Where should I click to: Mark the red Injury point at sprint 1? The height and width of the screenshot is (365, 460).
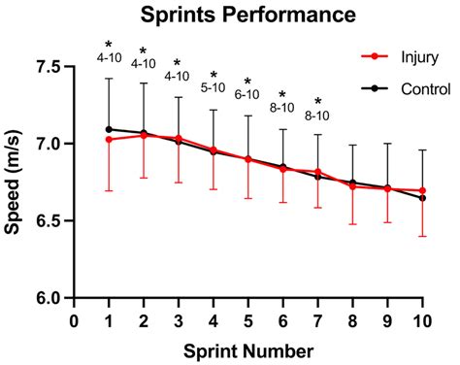tap(109, 139)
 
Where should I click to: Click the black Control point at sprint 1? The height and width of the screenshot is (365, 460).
tap(109, 129)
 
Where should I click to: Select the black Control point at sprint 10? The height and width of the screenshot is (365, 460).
tap(421, 198)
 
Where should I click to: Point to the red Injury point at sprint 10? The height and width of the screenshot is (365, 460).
tap(421, 190)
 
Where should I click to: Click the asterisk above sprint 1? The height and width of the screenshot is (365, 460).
tap(109, 45)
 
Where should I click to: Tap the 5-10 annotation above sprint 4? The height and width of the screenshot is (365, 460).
tap(213, 87)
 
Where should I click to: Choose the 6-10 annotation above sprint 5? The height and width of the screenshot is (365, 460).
tap(247, 94)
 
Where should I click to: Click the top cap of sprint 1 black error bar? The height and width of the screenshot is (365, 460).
tap(109, 79)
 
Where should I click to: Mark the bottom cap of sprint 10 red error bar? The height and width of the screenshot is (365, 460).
tap(421, 236)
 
